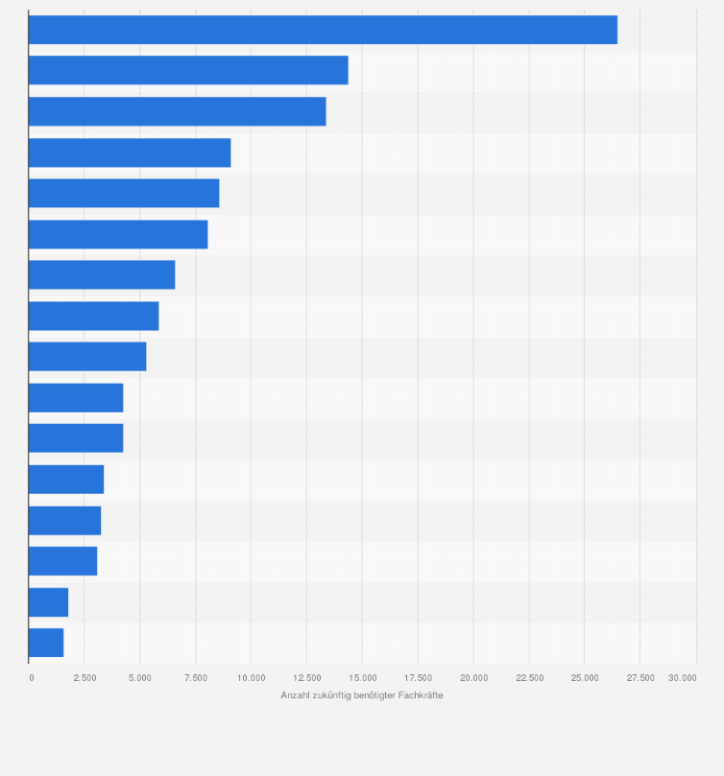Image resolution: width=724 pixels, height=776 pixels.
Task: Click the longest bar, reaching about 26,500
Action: point(323,30)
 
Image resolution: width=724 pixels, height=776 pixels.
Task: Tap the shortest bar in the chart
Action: point(46,643)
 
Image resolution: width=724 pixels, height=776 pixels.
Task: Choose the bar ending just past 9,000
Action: point(130,153)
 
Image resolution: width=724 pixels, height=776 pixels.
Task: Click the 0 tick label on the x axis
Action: point(31,677)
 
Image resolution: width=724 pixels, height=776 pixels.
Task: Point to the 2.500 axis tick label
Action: point(84,677)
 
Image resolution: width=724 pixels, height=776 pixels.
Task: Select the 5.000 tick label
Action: point(139,677)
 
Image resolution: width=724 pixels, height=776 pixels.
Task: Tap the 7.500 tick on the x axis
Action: point(195,677)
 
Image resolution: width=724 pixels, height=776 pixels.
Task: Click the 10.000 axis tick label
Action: point(251,677)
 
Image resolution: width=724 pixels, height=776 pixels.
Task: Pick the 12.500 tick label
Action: point(306,677)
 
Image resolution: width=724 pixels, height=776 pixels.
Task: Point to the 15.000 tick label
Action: point(362,677)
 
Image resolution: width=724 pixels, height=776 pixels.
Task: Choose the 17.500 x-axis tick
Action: point(418,677)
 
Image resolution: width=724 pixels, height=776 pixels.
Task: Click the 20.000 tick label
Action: point(473,677)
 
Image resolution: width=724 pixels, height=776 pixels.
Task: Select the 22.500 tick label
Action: point(529,677)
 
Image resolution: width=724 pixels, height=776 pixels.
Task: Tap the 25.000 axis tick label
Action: point(585,677)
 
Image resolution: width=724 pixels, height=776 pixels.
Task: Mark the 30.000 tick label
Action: point(683,677)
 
